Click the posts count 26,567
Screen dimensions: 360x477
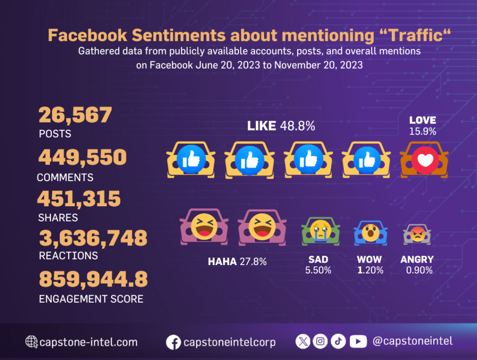pos(75,115)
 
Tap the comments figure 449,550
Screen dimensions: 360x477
pos(82,158)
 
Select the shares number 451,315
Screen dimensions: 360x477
pos(79,199)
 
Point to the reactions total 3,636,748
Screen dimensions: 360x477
pos(93,238)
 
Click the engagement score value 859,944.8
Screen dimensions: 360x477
pos(94,279)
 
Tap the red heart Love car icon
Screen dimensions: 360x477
pos(424,160)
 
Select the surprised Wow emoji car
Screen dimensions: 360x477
pos(371,231)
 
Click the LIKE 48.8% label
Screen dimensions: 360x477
pos(281,126)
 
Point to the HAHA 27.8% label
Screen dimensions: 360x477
pos(237,262)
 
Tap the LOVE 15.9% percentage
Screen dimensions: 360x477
pos(422,132)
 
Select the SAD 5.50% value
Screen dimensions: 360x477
pos(318,270)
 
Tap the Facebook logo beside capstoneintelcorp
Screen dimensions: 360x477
pos(173,342)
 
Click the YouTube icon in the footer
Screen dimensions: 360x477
pos(358,341)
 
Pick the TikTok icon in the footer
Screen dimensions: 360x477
pos(338,341)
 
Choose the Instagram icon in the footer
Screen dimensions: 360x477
pos(320,341)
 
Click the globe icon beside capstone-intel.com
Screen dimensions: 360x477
pos(32,342)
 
